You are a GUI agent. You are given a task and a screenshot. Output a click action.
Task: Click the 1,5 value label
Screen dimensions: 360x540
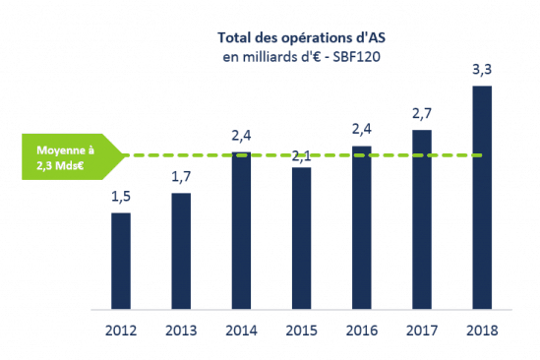tap(121, 198)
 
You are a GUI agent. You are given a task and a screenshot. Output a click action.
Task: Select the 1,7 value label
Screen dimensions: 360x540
tap(181, 178)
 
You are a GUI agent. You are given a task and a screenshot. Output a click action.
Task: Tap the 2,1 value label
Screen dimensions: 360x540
tap(301, 155)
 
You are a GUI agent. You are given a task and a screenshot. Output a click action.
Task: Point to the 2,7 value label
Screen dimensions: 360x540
tap(421, 115)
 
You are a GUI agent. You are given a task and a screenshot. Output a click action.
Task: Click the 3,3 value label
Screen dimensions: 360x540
tap(481, 70)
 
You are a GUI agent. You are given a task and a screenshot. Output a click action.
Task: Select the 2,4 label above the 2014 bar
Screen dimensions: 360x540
tap(241, 136)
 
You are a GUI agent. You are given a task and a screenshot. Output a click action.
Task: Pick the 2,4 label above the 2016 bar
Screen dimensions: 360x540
tap(361, 131)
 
